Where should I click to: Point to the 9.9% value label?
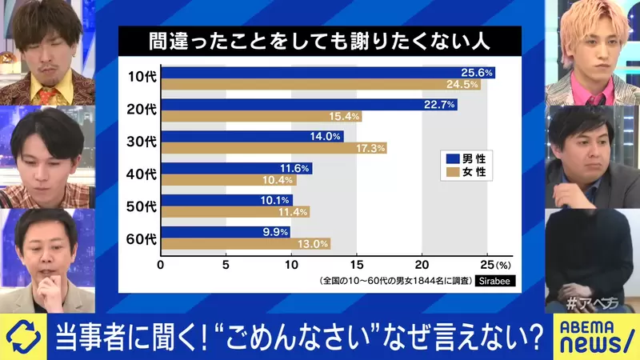tap(274, 232)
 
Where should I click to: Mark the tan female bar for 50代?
tap(234, 212)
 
